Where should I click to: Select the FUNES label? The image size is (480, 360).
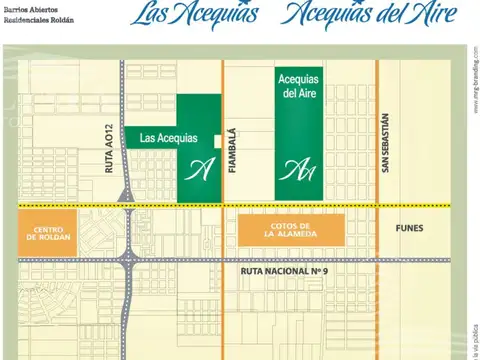coord(409,228)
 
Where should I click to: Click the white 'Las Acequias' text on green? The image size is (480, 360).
coord(169,138)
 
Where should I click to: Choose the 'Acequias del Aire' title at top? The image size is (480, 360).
coord(359,14)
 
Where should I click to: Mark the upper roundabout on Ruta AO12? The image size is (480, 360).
coord(126,195)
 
